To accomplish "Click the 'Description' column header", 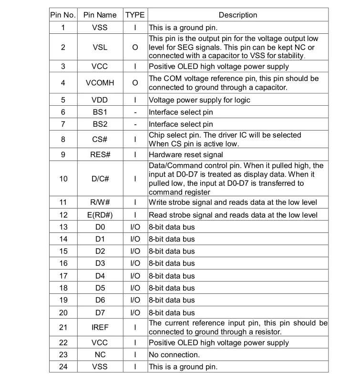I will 238,15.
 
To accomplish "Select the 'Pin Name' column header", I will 100,15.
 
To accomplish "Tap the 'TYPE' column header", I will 135,15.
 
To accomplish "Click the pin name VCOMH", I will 100,83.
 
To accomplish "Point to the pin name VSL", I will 100,47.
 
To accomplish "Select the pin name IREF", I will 100,327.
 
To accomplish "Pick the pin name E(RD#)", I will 100,215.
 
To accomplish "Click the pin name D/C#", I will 100,179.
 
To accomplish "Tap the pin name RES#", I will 100,154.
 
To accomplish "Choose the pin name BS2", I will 100,124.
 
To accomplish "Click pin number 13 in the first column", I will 63,227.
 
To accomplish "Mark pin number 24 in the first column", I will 63,366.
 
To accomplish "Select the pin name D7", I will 100,312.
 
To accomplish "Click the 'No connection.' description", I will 174,354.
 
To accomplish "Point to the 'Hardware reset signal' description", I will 186,154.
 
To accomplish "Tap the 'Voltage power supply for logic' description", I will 199,100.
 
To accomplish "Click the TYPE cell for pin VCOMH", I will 135,83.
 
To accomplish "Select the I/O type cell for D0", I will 135,227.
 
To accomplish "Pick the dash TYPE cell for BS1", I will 135,112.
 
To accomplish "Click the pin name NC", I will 100,354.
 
